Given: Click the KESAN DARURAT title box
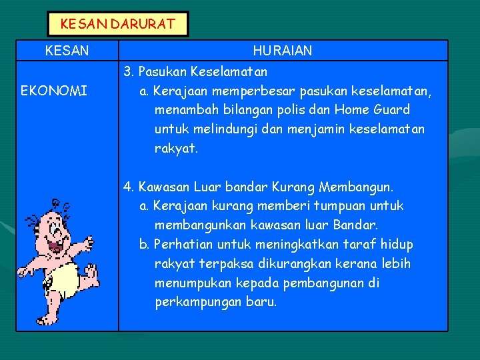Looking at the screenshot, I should [118, 24].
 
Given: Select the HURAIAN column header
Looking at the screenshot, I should [283, 51].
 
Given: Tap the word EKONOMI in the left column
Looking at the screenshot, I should [53, 91].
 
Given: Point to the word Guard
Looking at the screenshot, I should [390, 109].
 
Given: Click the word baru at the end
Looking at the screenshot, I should [262, 302].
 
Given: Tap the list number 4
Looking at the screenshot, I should [127, 187].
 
